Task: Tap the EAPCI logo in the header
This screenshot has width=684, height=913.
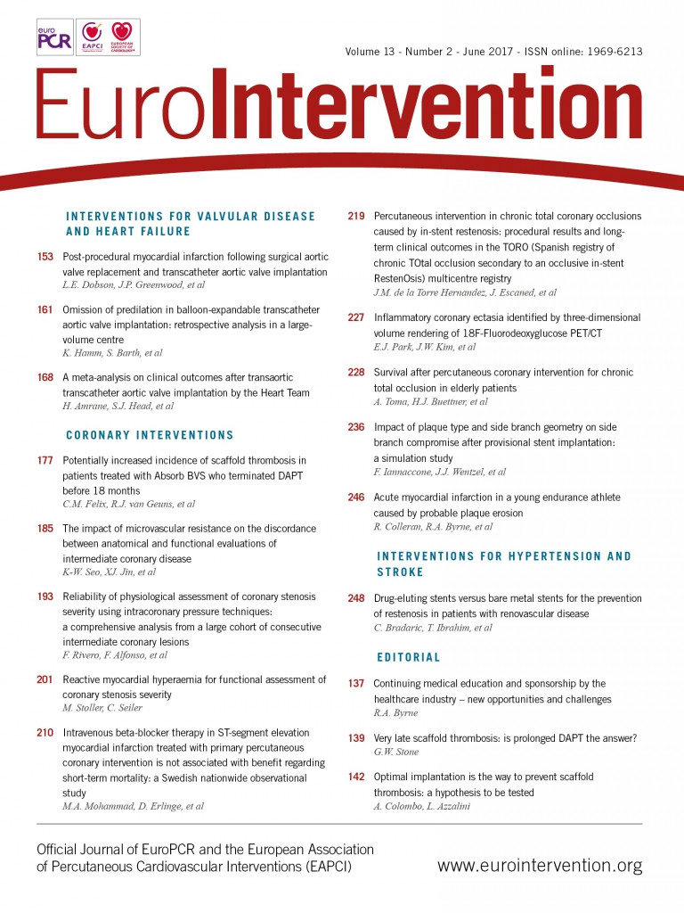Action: [91, 37]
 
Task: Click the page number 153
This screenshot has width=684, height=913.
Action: [45, 257]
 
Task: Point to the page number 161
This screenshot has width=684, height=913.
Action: [45, 309]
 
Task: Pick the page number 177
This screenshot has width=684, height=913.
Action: [45, 459]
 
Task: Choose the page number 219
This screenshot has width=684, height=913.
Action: [356, 216]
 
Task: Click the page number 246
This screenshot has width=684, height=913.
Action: [356, 497]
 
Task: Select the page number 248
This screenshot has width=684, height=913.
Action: [356, 598]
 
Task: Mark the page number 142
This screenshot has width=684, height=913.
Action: [356, 777]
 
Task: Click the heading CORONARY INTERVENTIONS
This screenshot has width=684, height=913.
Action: [150, 435]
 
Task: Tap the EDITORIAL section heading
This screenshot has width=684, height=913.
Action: [408, 657]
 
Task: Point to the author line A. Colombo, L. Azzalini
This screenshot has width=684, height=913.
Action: [423, 806]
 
